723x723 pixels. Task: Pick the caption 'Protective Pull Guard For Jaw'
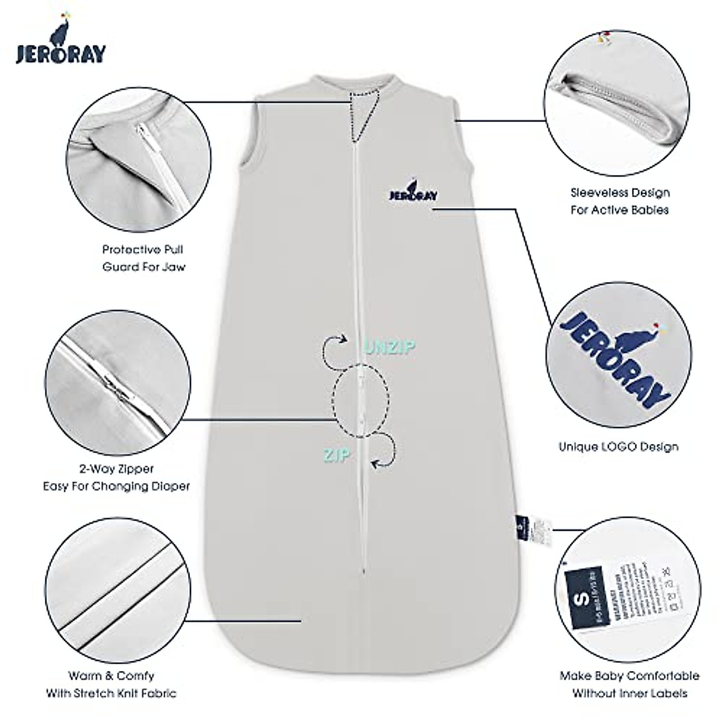pos(143,257)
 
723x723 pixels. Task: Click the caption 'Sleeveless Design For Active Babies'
pos(620,201)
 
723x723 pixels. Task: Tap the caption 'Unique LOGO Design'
pos(618,446)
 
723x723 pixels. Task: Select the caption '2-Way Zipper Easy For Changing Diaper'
pos(116,477)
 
